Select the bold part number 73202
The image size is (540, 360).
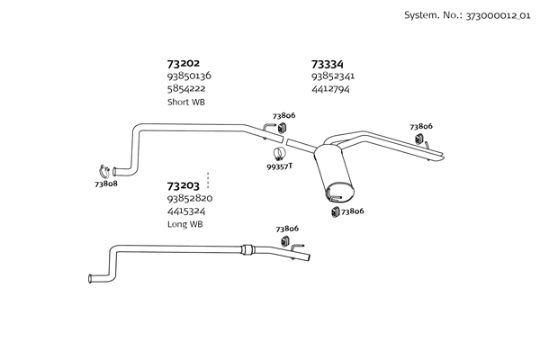click(x=184, y=64)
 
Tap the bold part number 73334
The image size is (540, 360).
click(x=327, y=64)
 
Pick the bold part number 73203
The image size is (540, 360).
click(x=184, y=185)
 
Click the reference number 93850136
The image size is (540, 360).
click(x=189, y=76)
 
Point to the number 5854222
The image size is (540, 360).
click(x=185, y=89)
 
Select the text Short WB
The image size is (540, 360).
click(x=185, y=103)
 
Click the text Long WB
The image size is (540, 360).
click(x=184, y=224)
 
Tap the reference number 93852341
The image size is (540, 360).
click(x=333, y=76)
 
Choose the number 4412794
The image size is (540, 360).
click(x=329, y=89)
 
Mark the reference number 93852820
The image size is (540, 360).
click(x=189, y=198)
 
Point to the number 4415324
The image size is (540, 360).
click(x=185, y=211)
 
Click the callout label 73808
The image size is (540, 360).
click(x=105, y=184)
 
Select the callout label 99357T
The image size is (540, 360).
click(x=279, y=166)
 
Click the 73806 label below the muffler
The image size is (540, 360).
click(x=354, y=211)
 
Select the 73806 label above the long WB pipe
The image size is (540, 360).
click(x=288, y=229)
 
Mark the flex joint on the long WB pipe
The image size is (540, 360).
click(x=250, y=250)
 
